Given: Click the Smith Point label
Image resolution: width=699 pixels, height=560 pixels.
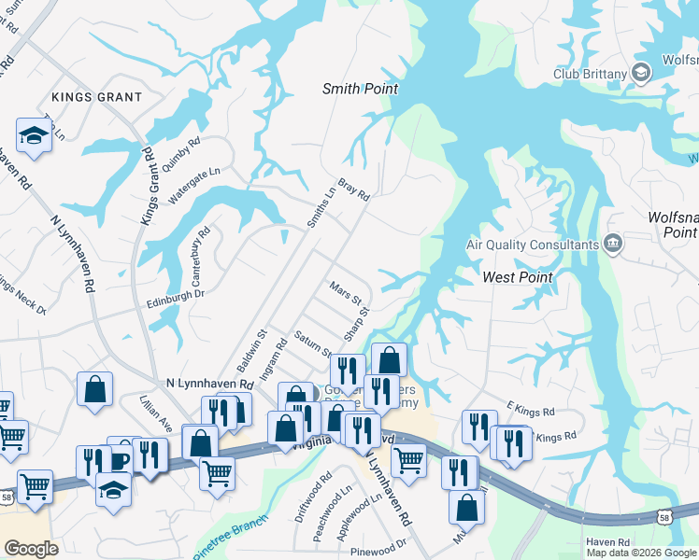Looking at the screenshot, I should coord(360,90).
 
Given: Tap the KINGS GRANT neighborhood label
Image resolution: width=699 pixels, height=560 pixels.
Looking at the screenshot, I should coord(97,97).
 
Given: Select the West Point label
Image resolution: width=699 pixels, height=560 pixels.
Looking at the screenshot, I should coord(518,277).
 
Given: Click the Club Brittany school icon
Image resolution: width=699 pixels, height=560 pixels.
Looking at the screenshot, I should coord(642,73).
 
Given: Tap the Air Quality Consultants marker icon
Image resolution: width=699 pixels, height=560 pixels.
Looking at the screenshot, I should coord(613,245).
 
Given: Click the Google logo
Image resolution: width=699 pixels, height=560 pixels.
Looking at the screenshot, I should coord(31,549).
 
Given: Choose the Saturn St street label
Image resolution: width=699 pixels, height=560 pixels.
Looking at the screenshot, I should coord(313,343).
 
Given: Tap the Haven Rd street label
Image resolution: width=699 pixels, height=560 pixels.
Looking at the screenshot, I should coord(608,541).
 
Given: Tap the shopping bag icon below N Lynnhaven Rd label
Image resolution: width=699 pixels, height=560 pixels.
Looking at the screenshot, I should coord(95,390).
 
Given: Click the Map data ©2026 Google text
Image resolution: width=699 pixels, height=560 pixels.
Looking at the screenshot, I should coord(641,553).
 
